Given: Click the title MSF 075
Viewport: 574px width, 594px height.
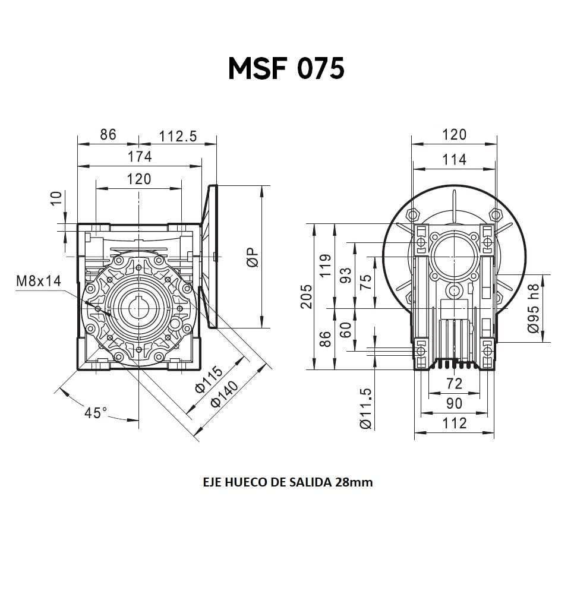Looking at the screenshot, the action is pos(286,68).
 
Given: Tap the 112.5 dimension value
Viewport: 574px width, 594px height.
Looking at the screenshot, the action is pos(178,136).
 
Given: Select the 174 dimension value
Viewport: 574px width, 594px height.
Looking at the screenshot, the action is pos(140,156).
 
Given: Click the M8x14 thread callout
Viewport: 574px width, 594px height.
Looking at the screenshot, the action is pos(39,281).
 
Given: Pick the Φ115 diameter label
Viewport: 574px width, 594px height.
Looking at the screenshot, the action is pos(209,380).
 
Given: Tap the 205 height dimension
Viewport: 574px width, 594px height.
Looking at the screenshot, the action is pos(306,296).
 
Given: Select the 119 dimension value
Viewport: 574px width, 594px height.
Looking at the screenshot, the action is pos(325,265).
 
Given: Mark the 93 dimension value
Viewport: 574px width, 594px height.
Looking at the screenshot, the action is pos(345,276).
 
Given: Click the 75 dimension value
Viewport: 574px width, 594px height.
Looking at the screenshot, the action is pos(365,282).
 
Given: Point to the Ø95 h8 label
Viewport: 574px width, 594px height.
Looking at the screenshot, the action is pos(533,308).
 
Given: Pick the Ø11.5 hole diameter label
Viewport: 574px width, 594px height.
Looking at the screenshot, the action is pos(366,409).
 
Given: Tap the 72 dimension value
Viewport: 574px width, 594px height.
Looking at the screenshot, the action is pos(454,384).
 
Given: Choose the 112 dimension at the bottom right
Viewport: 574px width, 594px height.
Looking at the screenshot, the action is pos(455,423).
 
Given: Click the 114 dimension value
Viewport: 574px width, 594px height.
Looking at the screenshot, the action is pos(455,160).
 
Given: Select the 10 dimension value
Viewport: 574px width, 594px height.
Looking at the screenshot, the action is pos(56,198).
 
